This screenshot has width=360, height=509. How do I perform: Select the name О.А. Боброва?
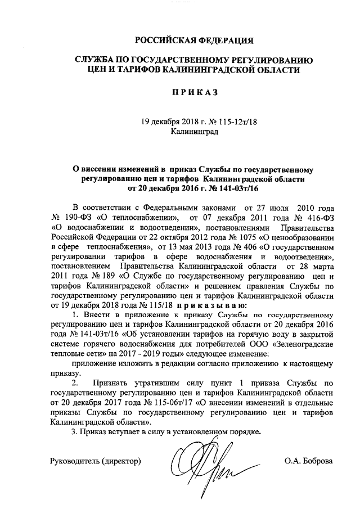click(x=309, y=461)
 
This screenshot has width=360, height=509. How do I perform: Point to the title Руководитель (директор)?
click(x=95, y=461)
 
